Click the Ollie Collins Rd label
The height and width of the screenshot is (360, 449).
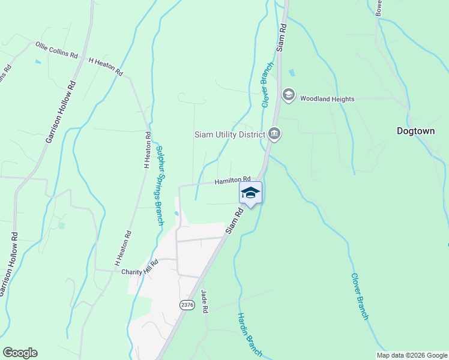[x=56, y=50]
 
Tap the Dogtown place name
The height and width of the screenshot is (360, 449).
[x=415, y=130]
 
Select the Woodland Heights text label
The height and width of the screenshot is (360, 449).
[x=327, y=99]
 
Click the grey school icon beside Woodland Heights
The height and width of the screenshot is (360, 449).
[x=289, y=95]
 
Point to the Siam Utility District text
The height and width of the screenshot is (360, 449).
[x=229, y=134]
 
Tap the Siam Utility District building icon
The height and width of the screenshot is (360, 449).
[x=274, y=133]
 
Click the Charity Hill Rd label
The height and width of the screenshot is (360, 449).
[x=139, y=268]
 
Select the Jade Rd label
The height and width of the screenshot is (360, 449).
[x=204, y=302]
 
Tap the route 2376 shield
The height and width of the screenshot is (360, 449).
[x=187, y=305]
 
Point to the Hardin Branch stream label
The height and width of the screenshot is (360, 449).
[x=249, y=334]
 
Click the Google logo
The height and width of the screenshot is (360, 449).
[x=20, y=353]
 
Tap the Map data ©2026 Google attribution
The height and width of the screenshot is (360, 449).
[x=411, y=355]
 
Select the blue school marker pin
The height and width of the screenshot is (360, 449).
[x=250, y=193]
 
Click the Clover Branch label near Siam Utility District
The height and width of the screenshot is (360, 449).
[x=267, y=85]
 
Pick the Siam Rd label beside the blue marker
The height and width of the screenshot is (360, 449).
[x=234, y=220]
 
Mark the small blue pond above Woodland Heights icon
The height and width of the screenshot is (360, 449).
[x=292, y=73]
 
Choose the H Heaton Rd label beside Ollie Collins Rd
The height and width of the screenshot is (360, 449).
[x=106, y=66]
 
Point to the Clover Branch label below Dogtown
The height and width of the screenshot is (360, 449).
[x=359, y=296]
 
